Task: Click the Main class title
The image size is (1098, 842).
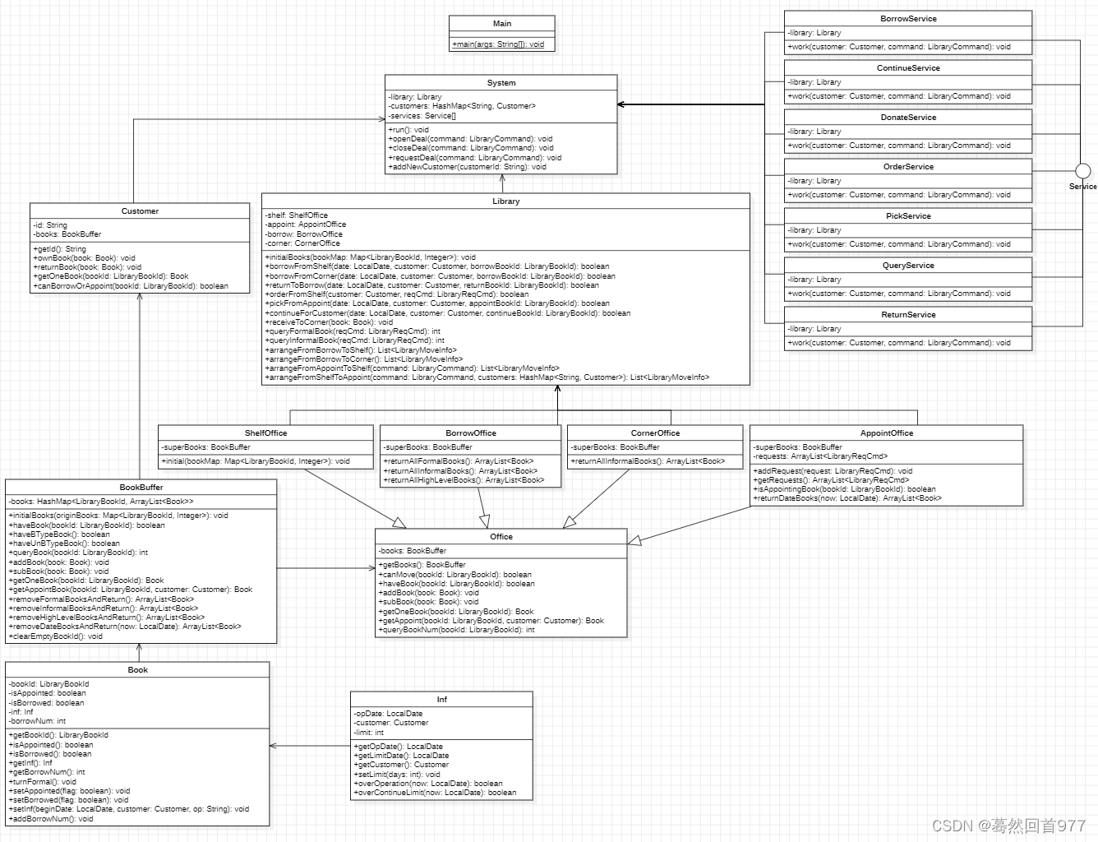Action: click(x=501, y=24)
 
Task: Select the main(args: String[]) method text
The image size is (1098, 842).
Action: click(x=498, y=44)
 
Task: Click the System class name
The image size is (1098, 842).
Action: click(x=501, y=83)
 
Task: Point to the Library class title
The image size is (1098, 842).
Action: click(x=505, y=201)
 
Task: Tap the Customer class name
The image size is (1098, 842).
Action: click(x=140, y=211)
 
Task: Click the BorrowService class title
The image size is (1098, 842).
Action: click(x=908, y=19)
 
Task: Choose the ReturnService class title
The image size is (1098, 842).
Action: click(x=908, y=315)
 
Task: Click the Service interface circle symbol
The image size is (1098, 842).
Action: click(x=1083, y=171)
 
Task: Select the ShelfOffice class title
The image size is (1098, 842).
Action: click(x=265, y=433)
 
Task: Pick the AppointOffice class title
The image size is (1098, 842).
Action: click(x=887, y=433)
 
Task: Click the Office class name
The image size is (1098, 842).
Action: click(x=501, y=537)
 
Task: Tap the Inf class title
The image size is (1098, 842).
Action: click(x=441, y=700)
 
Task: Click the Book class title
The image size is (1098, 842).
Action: click(x=138, y=670)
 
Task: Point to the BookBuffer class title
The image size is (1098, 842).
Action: click(x=141, y=488)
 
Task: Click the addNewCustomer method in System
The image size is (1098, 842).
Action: click(x=467, y=167)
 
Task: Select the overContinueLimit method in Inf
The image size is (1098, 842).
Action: click(x=435, y=793)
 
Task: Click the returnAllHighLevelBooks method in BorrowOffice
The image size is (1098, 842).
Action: click(x=464, y=480)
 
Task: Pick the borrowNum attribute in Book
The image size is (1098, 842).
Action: click(x=38, y=721)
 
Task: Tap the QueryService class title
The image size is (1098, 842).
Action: click(x=908, y=266)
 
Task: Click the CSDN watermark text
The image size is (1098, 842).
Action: click(x=1008, y=826)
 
